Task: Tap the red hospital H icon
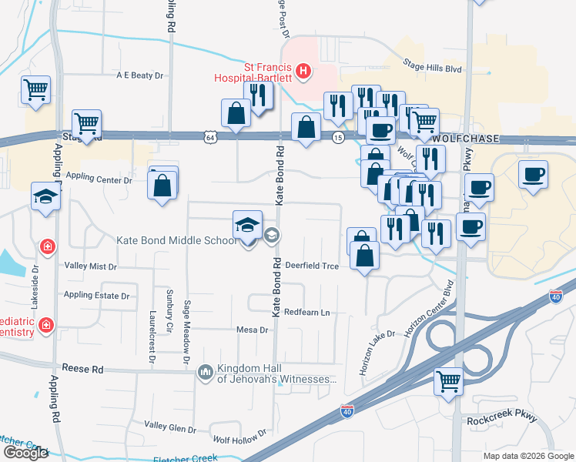(304, 72)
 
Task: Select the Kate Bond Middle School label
(176, 240)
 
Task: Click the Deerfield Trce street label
(312, 265)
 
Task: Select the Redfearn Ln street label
(306, 312)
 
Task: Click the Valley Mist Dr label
(91, 266)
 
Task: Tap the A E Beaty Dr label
(141, 75)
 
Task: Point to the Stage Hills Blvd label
(432, 68)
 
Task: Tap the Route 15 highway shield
(338, 137)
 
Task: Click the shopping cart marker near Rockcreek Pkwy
(448, 380)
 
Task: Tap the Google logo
(25, 453)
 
